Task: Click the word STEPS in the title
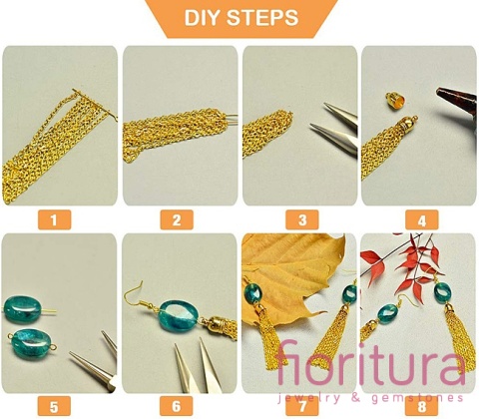coord(262,18)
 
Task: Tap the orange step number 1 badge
coord(54,219)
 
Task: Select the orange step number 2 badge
coord(177,219)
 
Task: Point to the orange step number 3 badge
coord(302,219)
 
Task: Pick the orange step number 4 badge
coord(422,219)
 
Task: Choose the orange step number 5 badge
coord(54,406)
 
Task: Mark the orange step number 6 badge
coord(177,406)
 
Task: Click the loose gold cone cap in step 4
coord(395,101)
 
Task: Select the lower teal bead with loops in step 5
coord(31,342)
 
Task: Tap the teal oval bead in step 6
coord(179,316)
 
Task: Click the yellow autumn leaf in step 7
coord(292,276)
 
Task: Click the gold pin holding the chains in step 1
coord(95,105)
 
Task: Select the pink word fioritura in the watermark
coord(370,363)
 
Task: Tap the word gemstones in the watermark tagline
coord(417,398)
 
